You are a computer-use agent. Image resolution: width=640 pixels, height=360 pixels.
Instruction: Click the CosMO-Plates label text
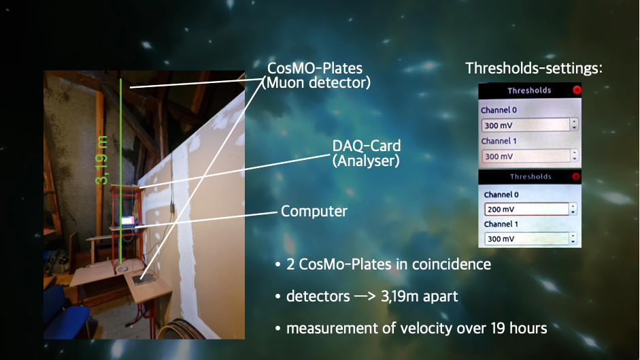[315, 68]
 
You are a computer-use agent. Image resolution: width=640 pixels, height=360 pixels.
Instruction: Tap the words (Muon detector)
[316, 82]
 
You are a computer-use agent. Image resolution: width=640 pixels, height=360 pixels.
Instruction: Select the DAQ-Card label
[366, 146]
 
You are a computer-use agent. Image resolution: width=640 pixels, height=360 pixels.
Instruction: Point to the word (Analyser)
[366, 161]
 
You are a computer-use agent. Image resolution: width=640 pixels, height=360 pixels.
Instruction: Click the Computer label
[314, 211]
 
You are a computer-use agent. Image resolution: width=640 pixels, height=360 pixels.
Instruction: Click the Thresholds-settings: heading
[534, 68]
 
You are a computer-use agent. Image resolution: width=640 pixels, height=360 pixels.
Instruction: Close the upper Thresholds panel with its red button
[577, 90]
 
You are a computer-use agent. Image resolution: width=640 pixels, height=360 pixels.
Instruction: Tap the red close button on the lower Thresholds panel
[575, 176]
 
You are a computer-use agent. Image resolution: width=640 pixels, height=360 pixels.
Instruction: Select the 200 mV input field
[526, 209]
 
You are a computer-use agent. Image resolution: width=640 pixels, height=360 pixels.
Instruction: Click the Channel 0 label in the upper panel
[499, 110]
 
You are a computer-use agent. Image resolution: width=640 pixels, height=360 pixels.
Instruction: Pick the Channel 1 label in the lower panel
[501, 224]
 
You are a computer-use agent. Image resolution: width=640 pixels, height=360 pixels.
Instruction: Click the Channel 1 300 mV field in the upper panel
[526, 156]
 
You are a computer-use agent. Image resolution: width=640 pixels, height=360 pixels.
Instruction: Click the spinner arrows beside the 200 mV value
[573, 209]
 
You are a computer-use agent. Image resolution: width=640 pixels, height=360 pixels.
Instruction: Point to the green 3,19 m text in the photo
[101, 160]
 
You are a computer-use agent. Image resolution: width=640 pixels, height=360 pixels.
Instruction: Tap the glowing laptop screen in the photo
[127, 222]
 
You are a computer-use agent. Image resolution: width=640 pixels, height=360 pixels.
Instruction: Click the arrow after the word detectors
[365, 296]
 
